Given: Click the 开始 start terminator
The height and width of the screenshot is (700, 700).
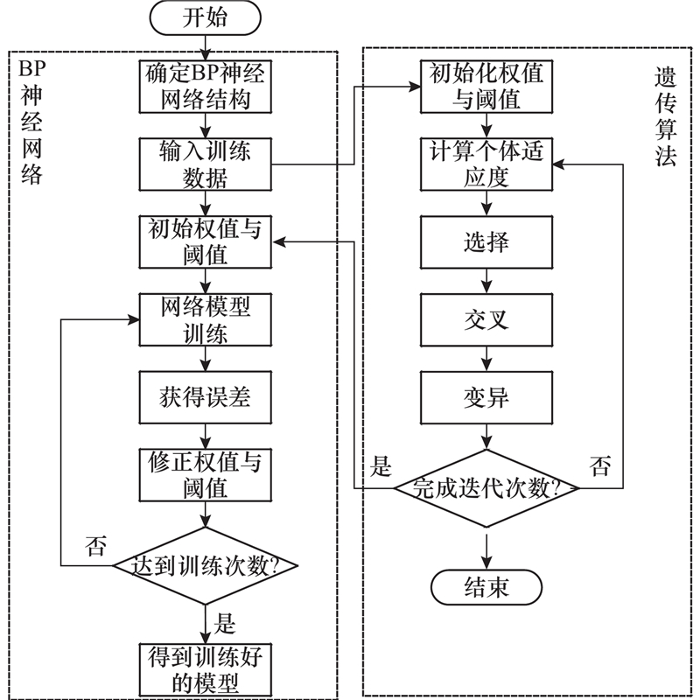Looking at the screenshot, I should (206, 17).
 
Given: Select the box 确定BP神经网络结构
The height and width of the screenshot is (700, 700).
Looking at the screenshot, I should (206, 86).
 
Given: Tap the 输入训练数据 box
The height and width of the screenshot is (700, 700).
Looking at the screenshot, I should (206, 164).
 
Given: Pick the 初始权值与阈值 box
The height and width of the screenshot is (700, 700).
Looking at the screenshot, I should (206, 241).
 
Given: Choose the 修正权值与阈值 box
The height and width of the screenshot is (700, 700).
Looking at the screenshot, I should (206, 474).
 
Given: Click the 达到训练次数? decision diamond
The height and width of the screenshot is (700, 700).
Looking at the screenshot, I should (206, 564).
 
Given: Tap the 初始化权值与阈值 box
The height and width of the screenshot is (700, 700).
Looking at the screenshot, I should (486, 86).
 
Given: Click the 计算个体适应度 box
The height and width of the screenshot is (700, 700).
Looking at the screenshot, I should (486, 164).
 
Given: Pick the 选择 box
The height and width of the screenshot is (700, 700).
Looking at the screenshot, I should (486, 242).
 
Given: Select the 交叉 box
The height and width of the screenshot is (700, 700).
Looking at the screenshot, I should (486, 320).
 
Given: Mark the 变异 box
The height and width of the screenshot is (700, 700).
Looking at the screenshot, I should (486, 398).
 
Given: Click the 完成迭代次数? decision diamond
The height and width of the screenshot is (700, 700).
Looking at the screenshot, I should (486, 487).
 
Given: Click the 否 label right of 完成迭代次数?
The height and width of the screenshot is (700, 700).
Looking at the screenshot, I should (601, 465).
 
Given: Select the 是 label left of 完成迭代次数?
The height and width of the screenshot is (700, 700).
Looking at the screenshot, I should (382, 465).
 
